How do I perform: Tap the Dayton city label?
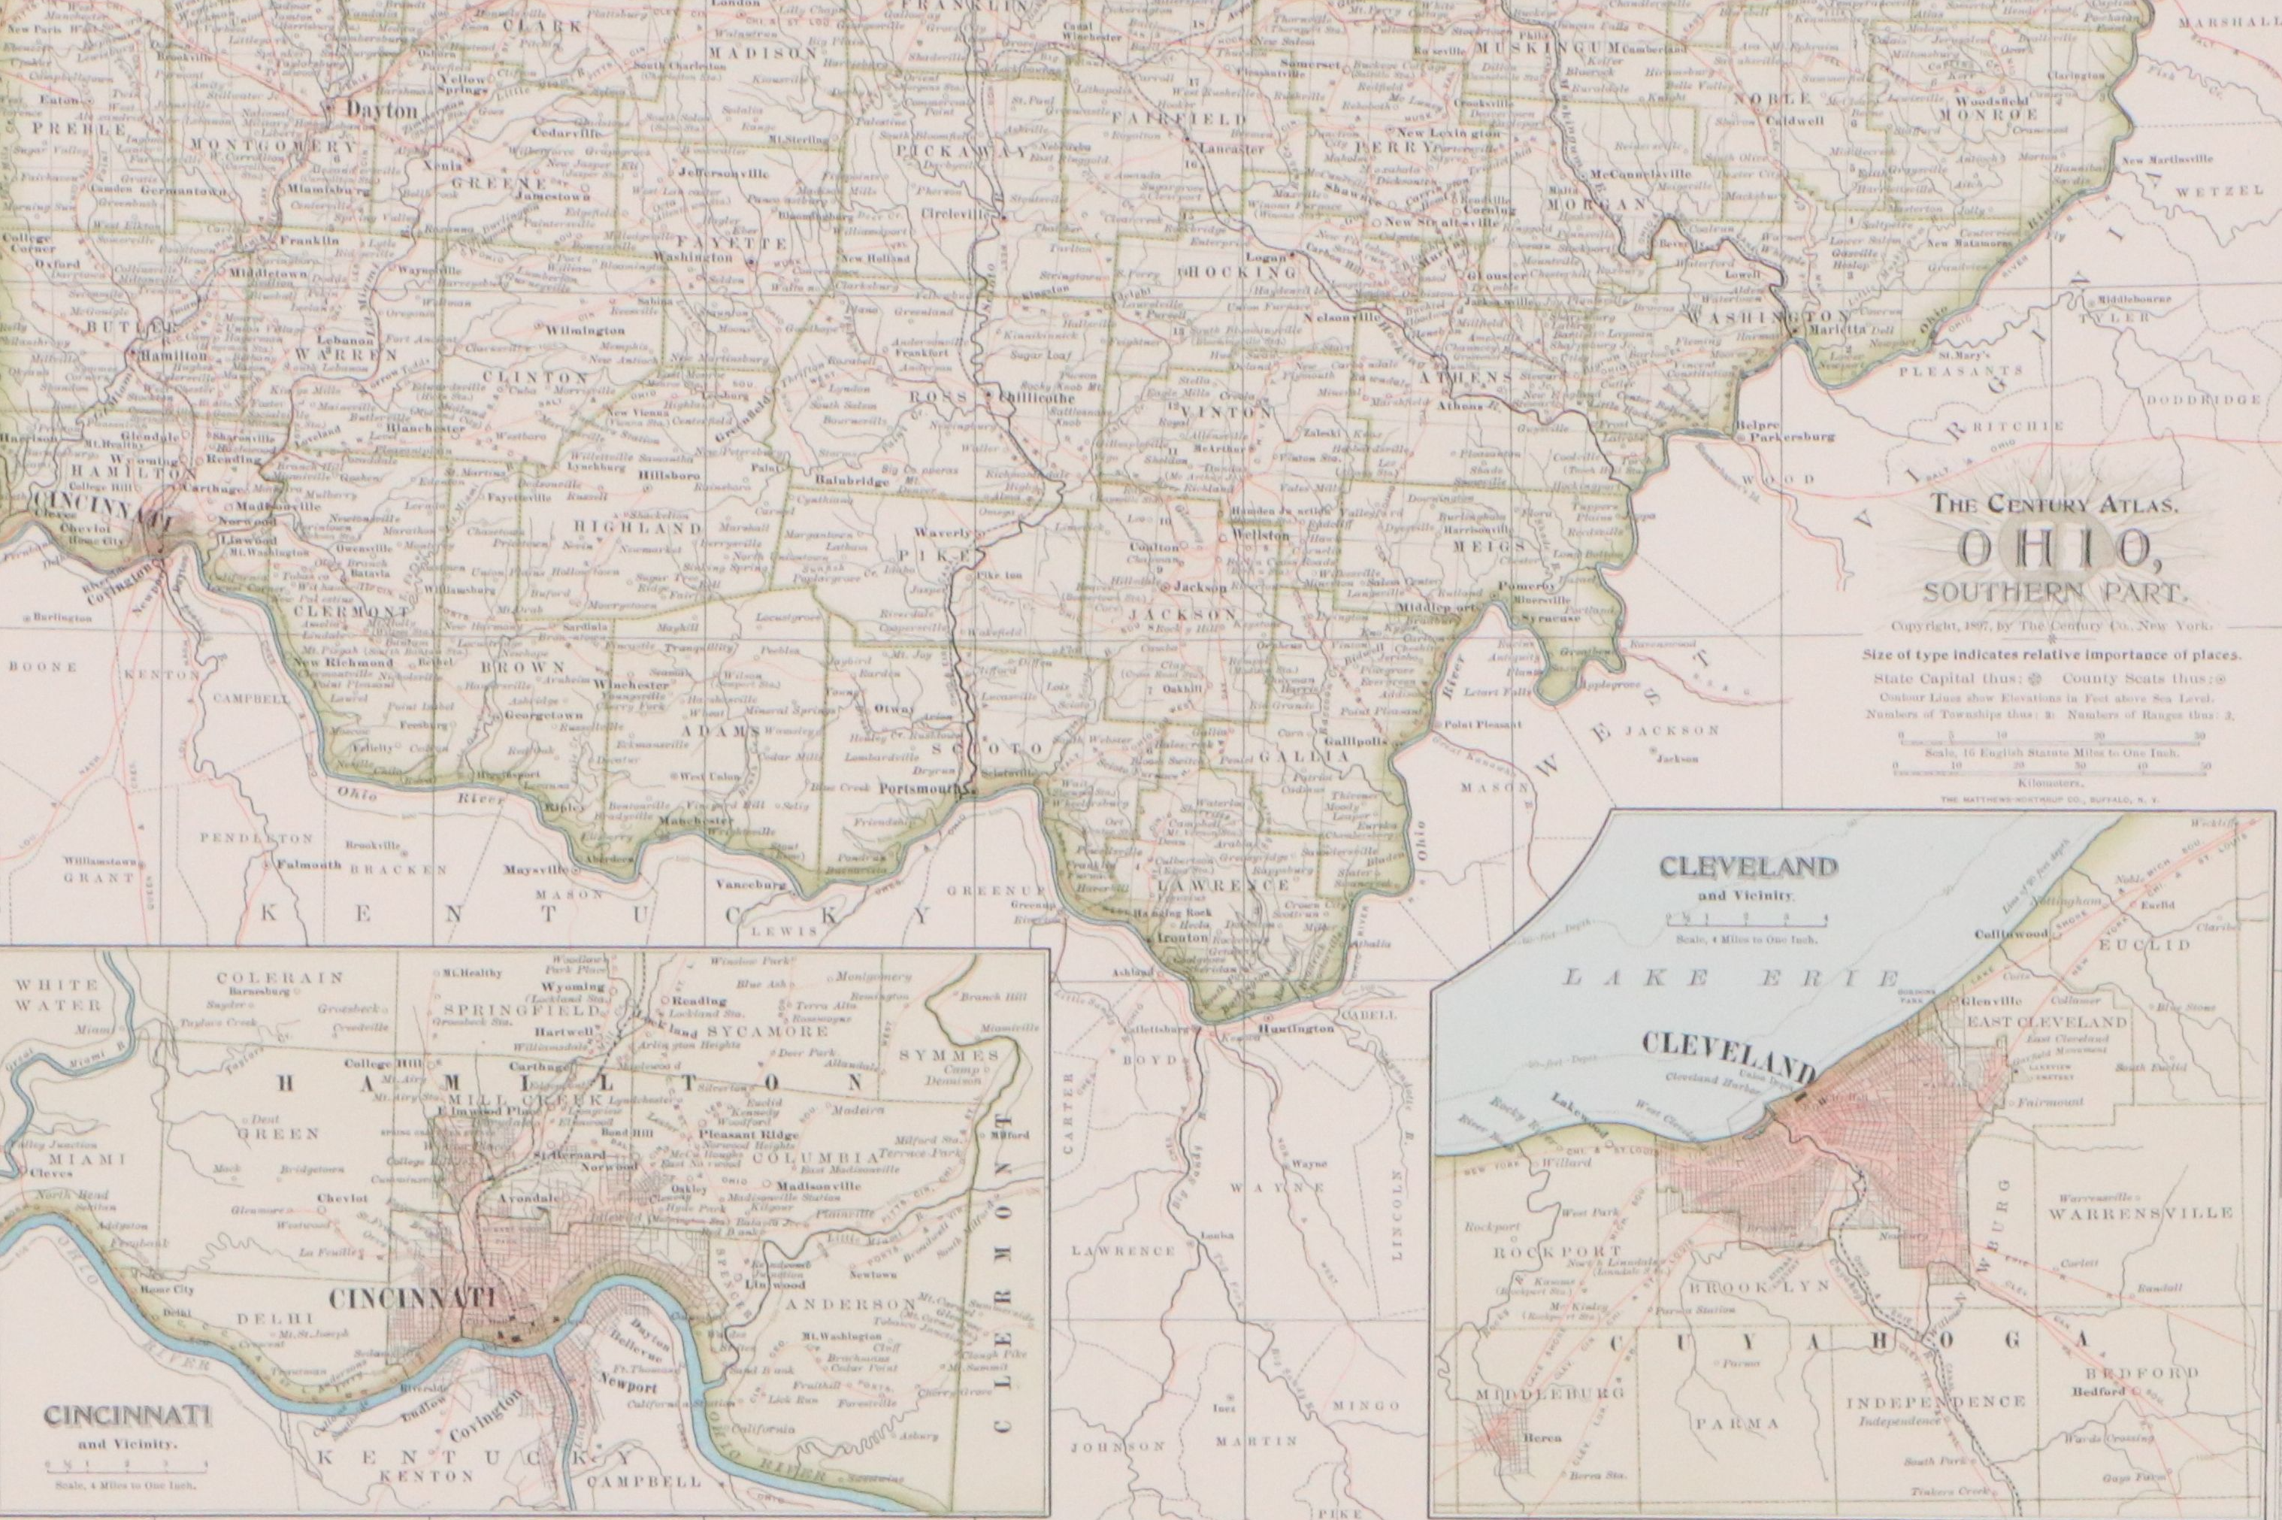[x=382, y=111]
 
